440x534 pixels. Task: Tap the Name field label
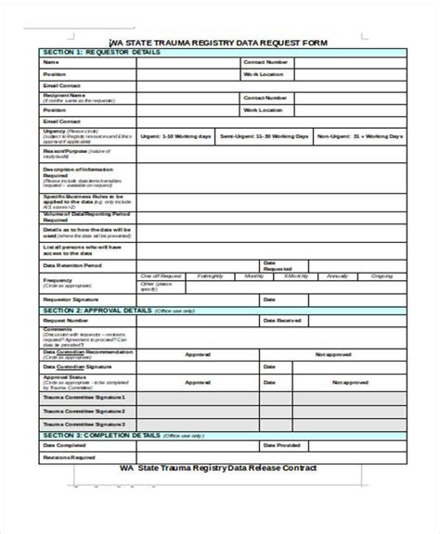pos(50,63)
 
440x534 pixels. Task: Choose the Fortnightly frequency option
pos(210,276)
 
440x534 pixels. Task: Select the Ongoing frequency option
pos(382,276)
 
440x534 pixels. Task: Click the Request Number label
pos(65,321)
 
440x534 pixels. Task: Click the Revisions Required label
pos(70,457)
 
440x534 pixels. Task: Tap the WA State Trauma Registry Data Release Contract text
pos(219,468)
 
